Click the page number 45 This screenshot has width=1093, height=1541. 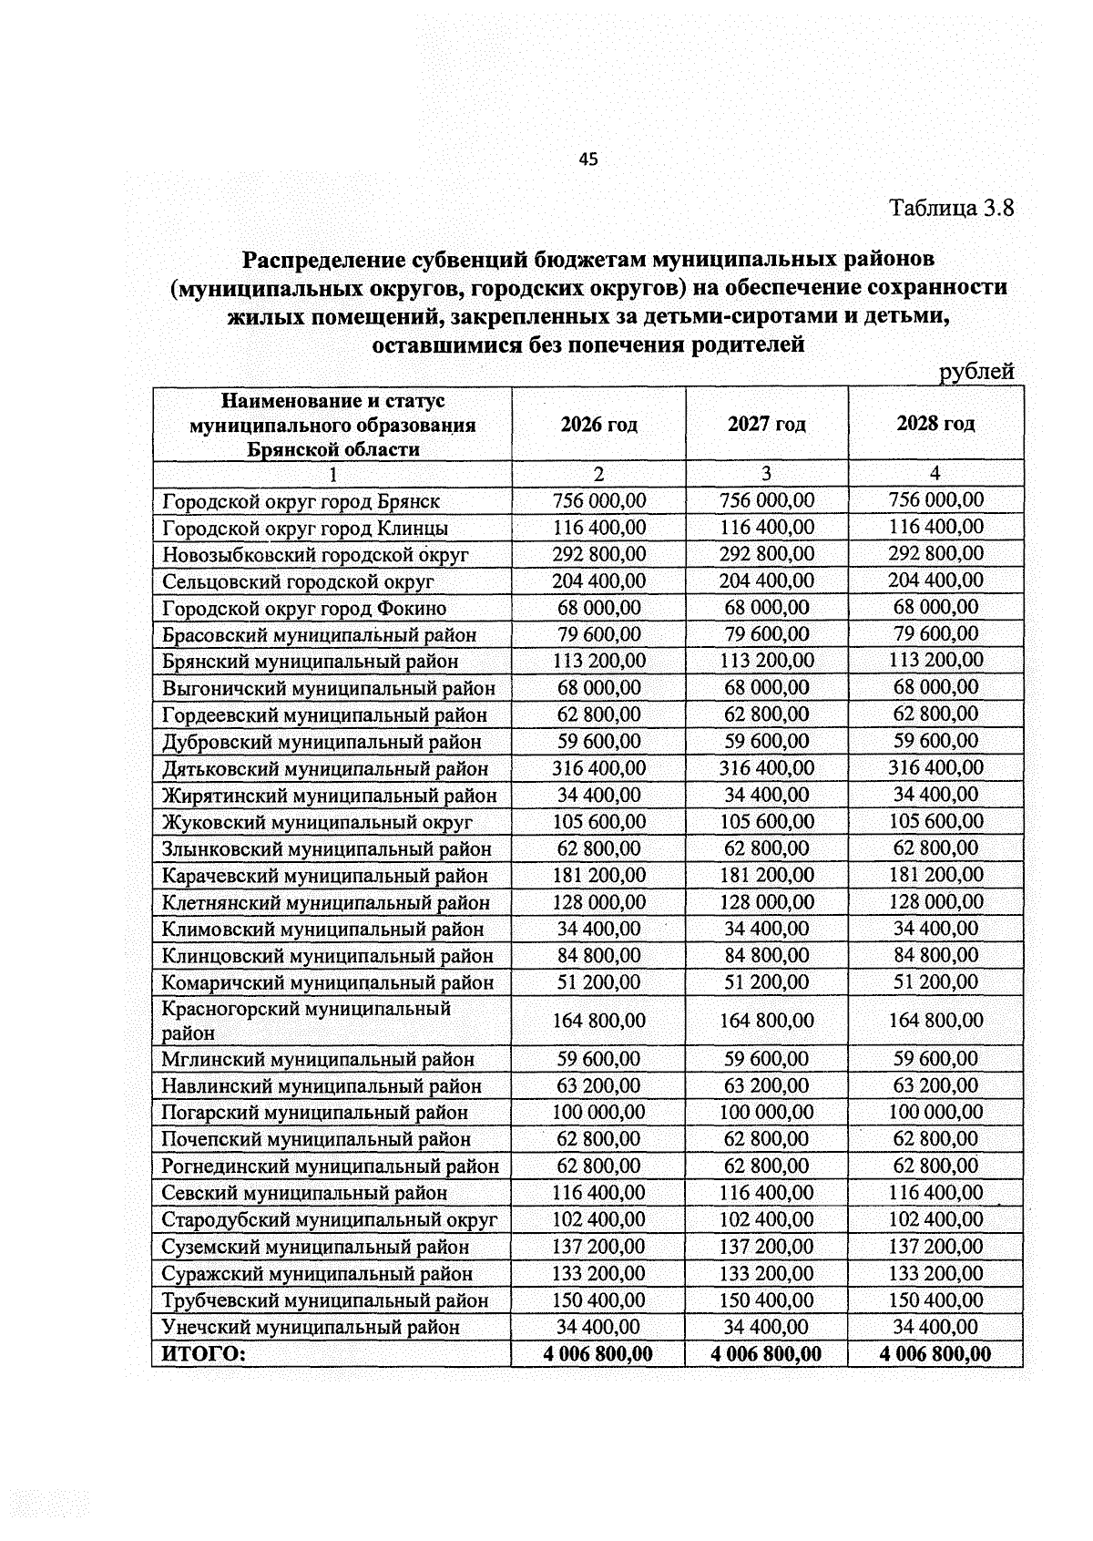tap(588, 159)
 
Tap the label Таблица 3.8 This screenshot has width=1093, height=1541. tap(951, 208)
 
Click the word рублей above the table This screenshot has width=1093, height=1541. tap(976, 371)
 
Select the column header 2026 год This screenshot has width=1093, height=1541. tap(598, 424)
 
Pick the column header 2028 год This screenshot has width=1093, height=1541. tap(935, 423)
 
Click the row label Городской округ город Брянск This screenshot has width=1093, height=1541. tap(301, 501)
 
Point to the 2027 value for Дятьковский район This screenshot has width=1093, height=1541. tap(766, 768)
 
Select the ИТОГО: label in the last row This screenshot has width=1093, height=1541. tap(204, 1354)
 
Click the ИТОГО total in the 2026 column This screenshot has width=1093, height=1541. tap(598, 1354)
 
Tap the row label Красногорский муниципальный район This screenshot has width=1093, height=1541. tap(306, 1021)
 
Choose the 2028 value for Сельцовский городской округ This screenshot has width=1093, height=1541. tap(935, 580)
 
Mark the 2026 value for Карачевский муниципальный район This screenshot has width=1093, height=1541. tap(598, 875)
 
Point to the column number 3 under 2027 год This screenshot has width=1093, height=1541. tap(766, 474)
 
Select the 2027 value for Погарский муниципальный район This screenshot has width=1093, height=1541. tap(766, 1113)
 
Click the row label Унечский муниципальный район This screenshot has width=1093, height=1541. tap(311, 1327)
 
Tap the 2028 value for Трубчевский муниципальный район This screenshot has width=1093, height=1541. tap(935, 1300)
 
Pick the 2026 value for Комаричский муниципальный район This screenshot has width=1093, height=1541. tap(598, 982)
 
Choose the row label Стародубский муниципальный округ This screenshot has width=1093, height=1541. tap(330, 1219)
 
